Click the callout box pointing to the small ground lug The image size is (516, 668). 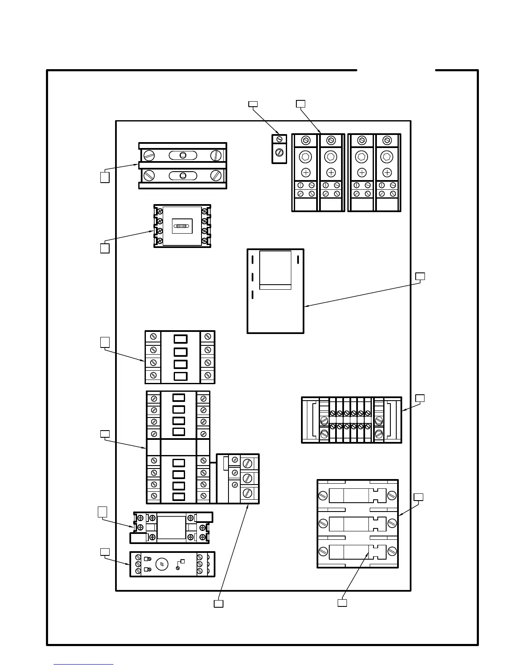(253, 104)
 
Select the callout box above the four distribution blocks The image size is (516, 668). (300, 104)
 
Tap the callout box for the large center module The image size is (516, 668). (420, 276)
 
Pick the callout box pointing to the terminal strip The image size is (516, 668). (420, 398)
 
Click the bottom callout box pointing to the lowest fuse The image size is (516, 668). (342, 603)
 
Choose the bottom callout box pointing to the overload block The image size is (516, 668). (218, 603)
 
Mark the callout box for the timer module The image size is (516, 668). (105, 552)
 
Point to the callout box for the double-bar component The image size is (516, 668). (105, 177)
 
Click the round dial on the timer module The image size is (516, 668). (162, 564)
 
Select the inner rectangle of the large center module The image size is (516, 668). (275, 270)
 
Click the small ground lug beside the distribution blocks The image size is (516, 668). (279, 149)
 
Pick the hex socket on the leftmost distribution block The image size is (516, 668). (306, 157)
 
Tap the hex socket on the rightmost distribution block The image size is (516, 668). (387, 157)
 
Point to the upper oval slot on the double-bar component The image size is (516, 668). (183, 155)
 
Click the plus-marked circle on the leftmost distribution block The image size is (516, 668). (306, 172)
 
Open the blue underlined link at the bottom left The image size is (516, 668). (83, 664)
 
